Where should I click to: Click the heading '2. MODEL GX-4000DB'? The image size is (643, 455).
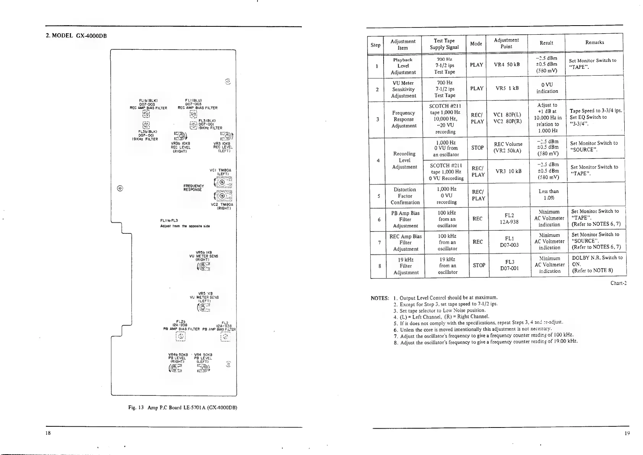coord(76,36)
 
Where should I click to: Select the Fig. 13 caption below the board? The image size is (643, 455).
coord(183,407)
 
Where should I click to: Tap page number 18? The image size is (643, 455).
coord(48,433)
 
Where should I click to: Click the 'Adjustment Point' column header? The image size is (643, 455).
coord(506,43)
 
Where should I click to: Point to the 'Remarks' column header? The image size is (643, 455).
coord(594,42)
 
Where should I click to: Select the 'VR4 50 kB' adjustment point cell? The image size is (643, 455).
coord(507,65)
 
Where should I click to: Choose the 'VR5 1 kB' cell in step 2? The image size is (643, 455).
coord(507,88)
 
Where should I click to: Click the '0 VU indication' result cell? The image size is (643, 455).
coord(547,88)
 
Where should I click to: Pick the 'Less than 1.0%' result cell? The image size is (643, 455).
coord(548,194)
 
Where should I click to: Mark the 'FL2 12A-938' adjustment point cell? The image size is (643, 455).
coord(509,219)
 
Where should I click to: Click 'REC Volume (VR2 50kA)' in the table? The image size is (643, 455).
coord(508,147)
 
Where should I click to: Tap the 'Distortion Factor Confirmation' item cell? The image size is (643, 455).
coord(405,196)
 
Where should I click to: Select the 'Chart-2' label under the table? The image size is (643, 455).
coord(618,283)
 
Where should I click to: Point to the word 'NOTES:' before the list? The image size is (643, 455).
coord(380,298)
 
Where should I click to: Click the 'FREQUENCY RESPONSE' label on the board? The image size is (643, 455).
coord(194,188)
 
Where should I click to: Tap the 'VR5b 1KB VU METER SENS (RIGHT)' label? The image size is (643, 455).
coord(204,256)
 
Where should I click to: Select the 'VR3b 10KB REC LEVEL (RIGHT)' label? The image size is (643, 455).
coord(180,147)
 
